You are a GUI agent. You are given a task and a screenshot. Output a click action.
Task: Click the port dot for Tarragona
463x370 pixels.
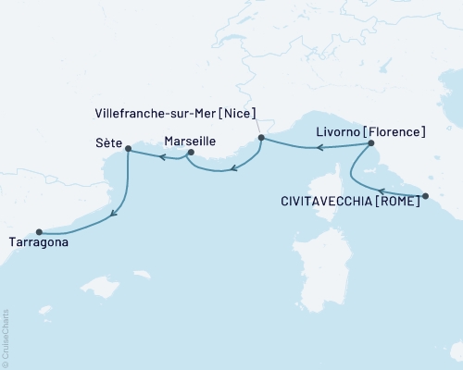click(39, 232)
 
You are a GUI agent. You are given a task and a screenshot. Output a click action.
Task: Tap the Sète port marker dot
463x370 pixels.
click(128, 148)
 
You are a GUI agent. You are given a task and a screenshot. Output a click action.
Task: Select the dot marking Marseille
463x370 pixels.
click(191, 153)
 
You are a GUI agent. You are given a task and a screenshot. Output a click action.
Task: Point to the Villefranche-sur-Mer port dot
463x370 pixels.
click(261, 138)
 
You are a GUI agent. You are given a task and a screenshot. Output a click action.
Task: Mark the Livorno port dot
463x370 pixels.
click(370, 143)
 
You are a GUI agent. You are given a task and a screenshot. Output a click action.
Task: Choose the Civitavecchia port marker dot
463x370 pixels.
click(425, 195)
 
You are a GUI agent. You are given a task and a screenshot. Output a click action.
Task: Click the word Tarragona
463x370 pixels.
click(38, 245)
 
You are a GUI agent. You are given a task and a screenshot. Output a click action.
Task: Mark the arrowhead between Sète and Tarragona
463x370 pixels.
click(114, 216)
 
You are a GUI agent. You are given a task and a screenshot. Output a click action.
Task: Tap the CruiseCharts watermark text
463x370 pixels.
click(6, 339)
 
